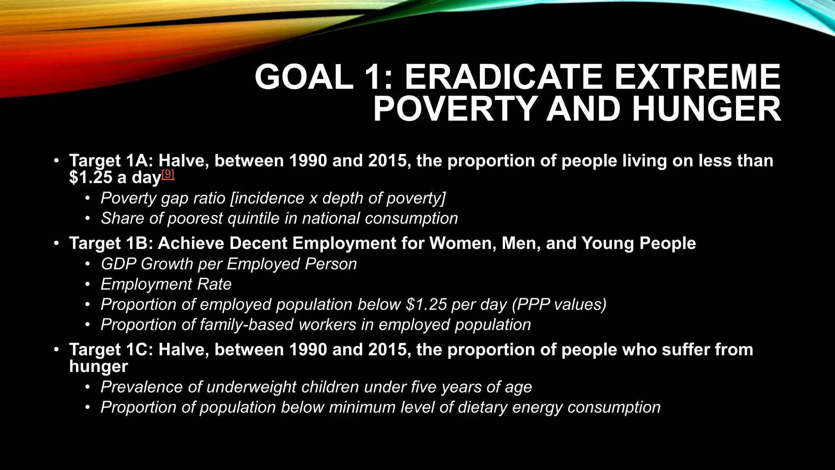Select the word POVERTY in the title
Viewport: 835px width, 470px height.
pyautogui.click(x=455, y=109)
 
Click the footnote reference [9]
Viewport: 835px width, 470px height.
pyautogui.click(x=168, y=174)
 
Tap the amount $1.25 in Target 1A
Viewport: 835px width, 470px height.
pyautogui.click(x=91, y=178)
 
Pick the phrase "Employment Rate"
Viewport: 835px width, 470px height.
pyautogui.click(x=166, y=284)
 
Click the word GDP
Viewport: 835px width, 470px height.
pyautogui.click(x=118, y=264)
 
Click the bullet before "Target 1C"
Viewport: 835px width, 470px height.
pyautogui.click(x=56, y=350)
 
